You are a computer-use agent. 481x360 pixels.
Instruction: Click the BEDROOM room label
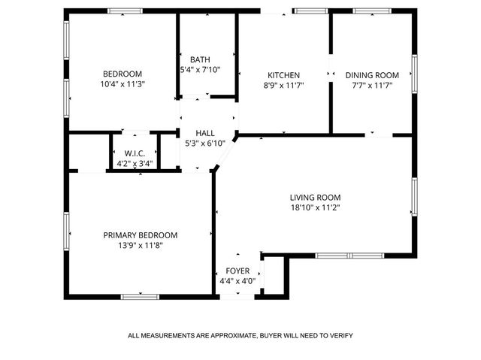(122, 74)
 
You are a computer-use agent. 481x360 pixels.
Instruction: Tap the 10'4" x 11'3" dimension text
(122, 84)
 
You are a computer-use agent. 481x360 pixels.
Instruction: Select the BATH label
(200, 60)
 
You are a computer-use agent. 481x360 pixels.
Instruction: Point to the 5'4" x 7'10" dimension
(200, 71)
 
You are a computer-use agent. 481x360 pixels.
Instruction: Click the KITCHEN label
(284, 75)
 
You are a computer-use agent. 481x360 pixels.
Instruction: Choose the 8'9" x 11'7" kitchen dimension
(284, 86)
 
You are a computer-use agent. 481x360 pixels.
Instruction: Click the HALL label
(205, 133)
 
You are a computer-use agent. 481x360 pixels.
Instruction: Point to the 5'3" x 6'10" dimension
(205, 144)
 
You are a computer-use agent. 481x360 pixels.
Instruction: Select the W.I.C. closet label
(135, 153)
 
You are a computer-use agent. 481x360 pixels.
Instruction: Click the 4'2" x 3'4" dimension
(135, 163)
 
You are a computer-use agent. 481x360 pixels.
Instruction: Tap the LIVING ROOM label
(316, 198)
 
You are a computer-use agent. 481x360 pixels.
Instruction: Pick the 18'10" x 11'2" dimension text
(316, 208)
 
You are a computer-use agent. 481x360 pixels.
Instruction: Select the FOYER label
(237, 271)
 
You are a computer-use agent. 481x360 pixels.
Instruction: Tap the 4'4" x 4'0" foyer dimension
(237, 281)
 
